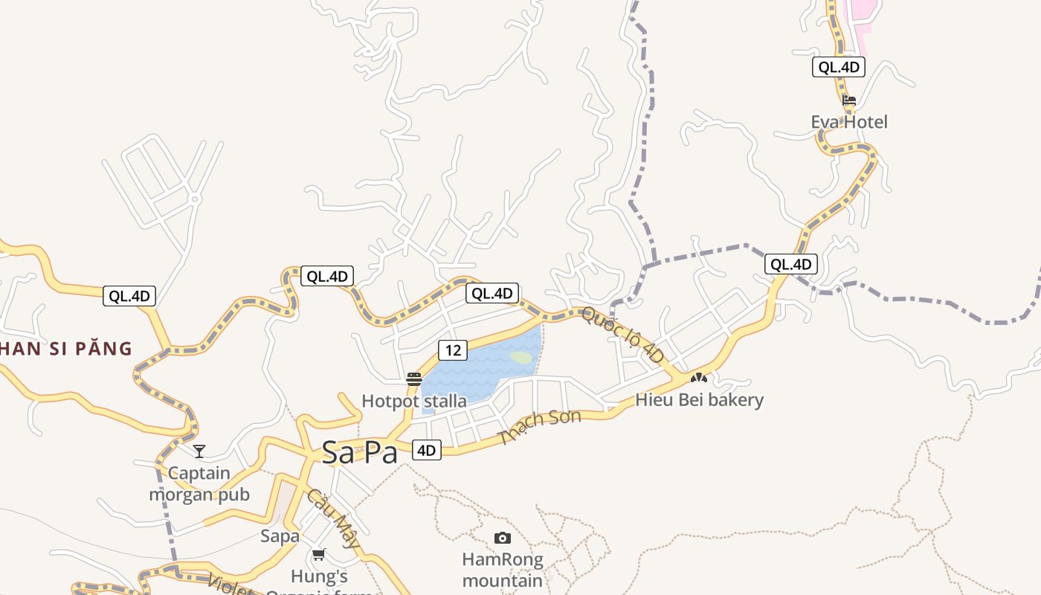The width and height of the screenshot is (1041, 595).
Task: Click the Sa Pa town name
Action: (360, 453)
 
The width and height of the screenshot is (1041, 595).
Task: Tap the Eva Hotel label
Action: (849, 122)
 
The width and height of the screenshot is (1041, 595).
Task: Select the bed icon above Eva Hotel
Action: (849, 100)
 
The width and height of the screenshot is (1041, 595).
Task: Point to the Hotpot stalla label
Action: (414, 401)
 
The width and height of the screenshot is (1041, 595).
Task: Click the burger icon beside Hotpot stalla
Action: (414, 379)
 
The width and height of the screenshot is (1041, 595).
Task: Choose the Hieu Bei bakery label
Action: (699, 400)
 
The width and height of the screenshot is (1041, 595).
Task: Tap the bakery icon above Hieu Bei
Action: (698, 378)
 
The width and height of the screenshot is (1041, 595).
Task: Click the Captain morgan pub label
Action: (199, 483)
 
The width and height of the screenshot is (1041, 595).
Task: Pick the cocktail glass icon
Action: (199, 451)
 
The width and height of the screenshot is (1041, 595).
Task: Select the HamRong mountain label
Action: (503, 570)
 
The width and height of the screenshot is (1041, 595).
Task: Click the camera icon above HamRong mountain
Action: (503, 538)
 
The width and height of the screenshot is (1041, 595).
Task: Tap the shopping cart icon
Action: (319, 554)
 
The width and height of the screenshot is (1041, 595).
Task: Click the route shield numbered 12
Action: (452, 349)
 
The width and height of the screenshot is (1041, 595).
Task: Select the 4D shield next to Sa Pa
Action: (426, 450)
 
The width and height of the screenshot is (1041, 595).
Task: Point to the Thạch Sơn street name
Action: (541, 427)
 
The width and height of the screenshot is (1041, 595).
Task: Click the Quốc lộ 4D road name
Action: (622, 335)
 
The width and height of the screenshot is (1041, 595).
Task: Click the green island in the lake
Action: (522, 358)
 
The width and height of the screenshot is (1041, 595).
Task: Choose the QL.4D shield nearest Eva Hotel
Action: (839, 67)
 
